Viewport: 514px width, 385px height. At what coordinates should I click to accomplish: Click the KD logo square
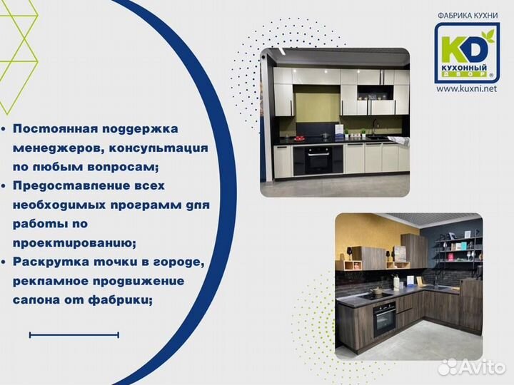click(x=467, y=51)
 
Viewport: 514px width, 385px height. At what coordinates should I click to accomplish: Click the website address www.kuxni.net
click(x=466, y=88)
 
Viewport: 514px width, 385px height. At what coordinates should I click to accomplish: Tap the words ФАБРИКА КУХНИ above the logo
click(x=467, y=14)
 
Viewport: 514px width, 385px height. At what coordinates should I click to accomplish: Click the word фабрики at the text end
click(x=125, y=299)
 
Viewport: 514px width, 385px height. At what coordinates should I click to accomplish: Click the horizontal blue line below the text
click(x=74, y=334)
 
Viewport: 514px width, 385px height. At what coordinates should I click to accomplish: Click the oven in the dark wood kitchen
click(x=384, y=318)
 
